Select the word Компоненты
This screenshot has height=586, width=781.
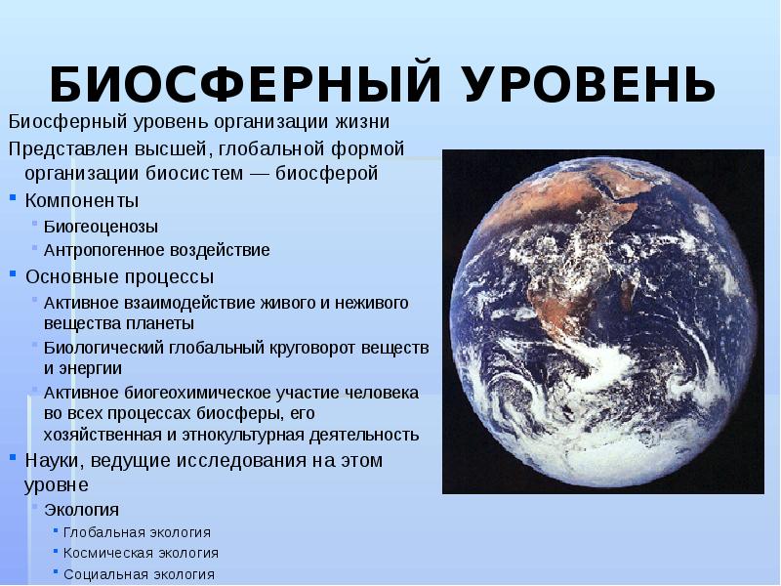pyautogui.click(x=82, y=200)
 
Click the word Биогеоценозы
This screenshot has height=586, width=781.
pyautogui.click(x=101, y=227)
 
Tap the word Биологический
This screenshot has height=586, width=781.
pyautogui.click(x=106, y=347)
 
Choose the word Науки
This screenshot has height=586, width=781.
pyautogui.click(x=52, y=460)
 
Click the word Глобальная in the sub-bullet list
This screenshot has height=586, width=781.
pyautogui.click(x=103, y=532)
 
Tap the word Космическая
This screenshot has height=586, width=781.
pyautogui.click(x=107, y=553)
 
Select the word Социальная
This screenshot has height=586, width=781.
pyautogui.click(x=105, y=574)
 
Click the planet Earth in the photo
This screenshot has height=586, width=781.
pyautogui.click(x=601, y=322)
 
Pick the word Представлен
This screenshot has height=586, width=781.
pyautogui.click(x=58, y=148)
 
